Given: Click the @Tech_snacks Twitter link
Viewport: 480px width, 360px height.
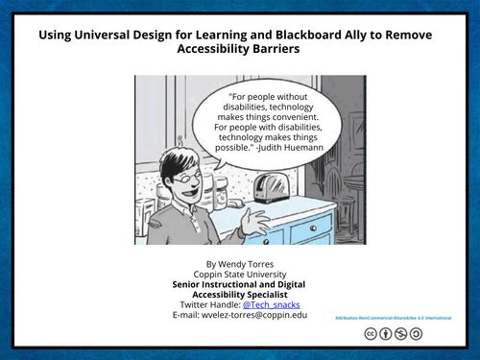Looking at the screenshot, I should (x=270, y=303).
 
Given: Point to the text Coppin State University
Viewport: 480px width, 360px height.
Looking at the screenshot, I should (x=239, y=273).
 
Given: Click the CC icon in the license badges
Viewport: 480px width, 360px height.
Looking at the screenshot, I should (x=370, y=334).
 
